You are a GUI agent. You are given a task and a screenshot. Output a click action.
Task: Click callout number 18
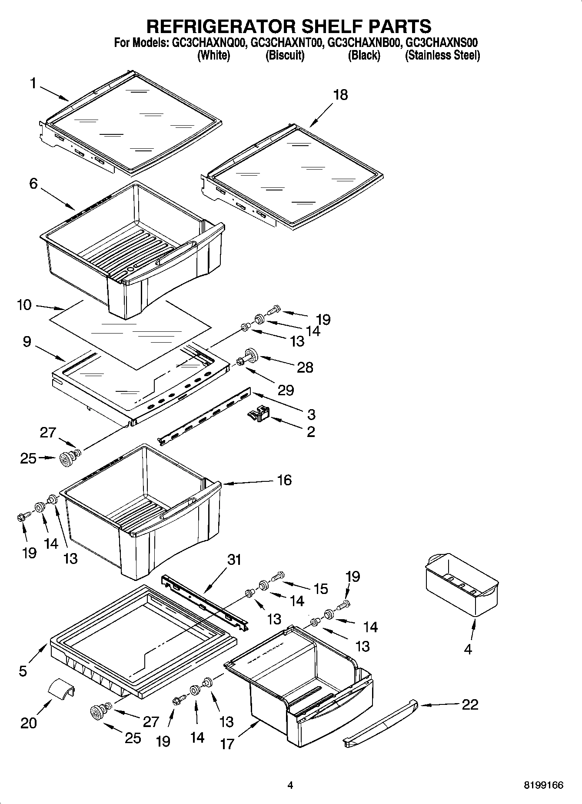340,95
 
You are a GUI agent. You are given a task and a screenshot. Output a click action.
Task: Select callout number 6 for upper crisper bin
33,183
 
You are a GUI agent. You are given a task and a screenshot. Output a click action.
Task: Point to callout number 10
24,305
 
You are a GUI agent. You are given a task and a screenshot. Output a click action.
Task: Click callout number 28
305,367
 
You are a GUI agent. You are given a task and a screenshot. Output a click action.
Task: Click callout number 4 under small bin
468,649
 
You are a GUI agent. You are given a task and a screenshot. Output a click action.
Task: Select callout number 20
29,723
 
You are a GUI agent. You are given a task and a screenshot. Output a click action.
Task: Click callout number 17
227,744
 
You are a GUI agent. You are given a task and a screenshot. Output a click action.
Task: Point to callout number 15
320,589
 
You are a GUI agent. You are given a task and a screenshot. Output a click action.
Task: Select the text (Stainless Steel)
442,56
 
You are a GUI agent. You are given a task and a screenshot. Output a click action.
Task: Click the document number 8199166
543,785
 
